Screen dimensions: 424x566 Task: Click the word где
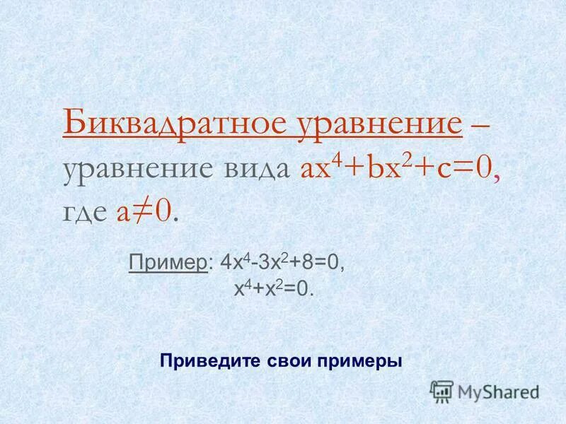[85, 212]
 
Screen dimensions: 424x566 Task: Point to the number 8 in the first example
[303, 263]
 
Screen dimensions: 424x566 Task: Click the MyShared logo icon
[441, 391]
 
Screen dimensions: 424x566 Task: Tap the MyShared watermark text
[498, 391]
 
